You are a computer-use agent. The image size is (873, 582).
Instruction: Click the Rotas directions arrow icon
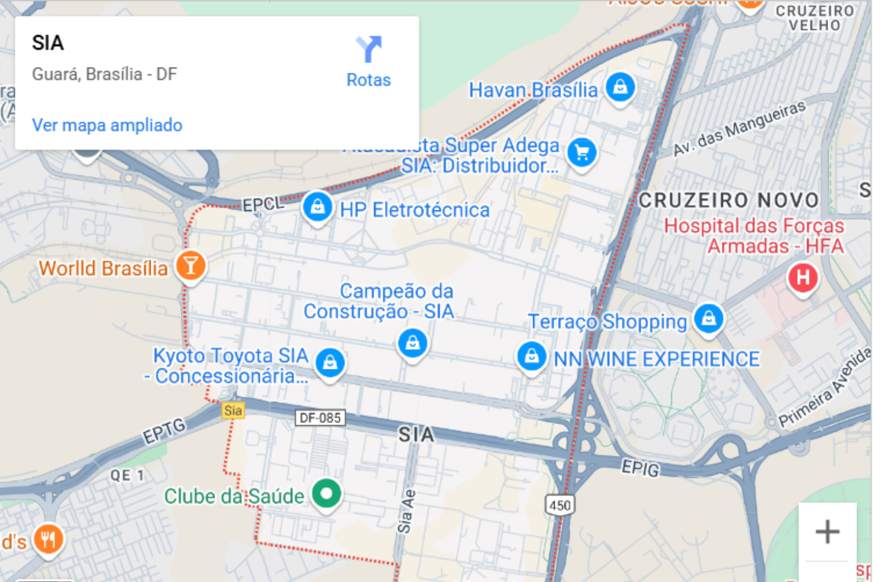click(369, 49)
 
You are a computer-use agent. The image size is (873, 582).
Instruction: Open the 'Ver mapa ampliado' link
click(107, 125)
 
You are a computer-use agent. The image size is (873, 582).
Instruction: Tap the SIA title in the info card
click(48, 43)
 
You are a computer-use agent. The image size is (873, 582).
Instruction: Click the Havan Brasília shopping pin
click(620, 88)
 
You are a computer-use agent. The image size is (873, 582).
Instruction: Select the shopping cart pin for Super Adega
click(582, 152)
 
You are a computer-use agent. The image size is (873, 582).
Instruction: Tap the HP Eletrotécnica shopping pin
click(318, 207)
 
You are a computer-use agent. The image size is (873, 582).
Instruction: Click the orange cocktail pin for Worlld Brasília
click(190, 265)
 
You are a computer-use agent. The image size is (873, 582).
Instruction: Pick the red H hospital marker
click(803, 277)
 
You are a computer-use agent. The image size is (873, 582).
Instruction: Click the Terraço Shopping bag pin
click(709, 318)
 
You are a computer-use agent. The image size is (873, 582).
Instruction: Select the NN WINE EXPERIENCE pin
click(531, 356)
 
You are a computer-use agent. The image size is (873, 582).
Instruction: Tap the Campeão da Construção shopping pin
click(413, 343)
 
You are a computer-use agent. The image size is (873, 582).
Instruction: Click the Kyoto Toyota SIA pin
click(330, 362)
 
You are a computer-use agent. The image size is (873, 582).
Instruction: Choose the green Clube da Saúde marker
click(326, 493)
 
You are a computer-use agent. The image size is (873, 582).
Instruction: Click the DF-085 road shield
click(321, 418)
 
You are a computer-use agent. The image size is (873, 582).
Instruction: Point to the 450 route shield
click(560, 505)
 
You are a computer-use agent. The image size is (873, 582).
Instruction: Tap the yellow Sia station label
click(233, 410)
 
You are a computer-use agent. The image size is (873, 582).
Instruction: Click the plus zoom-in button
click(827, 532)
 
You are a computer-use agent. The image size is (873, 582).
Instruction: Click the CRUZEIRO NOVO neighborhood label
click(729, 200)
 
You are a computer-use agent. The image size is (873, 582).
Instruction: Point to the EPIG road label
click(641, 468)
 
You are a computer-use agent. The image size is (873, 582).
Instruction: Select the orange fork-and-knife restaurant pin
click(48, 539)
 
